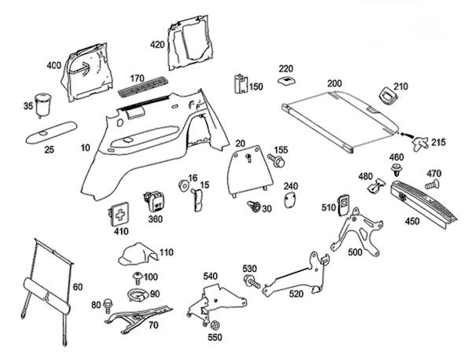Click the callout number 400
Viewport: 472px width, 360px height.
(x=54, y=65)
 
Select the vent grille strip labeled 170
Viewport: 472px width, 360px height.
(x=142, y=89)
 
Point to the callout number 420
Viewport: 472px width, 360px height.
(x=158, y=45)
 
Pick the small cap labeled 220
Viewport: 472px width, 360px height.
(x=286, y=80)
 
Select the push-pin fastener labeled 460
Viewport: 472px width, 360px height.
(x=396, y=171)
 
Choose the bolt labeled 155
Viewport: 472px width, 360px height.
(x=278, y=160)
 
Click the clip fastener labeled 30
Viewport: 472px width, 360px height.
(x=254, y=208)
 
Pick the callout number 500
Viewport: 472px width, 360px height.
(x=356, y=252)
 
